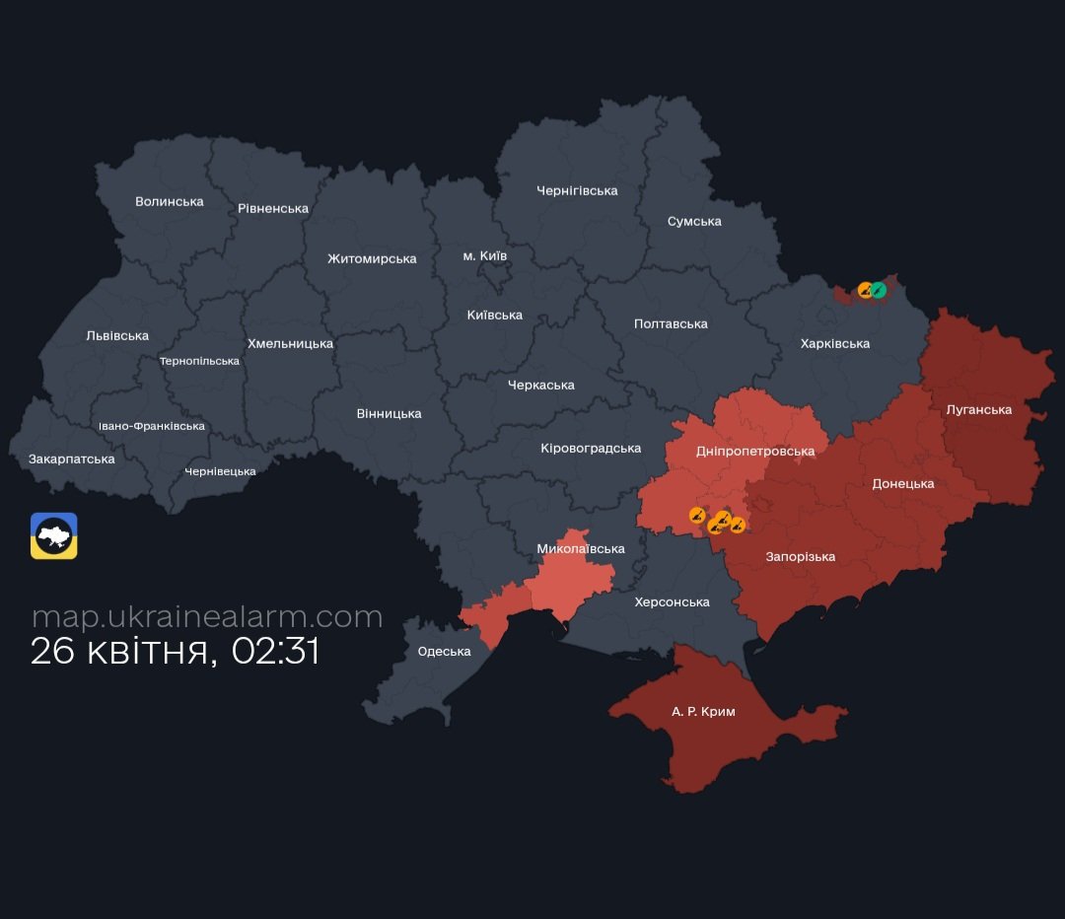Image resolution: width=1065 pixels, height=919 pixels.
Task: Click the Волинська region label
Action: coord(170,202)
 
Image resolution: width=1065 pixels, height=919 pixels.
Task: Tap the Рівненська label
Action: coord(273,209)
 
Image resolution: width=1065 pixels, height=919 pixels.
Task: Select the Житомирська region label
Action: coord(372,259)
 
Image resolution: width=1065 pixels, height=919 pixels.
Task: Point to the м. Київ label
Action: coord(485,256)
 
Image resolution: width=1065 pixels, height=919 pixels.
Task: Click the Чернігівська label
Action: coord(577,190)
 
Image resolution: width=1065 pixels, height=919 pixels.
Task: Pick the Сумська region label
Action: coord(694,222)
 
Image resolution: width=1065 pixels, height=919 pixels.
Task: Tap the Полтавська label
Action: coord(671,324)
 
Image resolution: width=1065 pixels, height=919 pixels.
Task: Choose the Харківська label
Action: coord(835,344)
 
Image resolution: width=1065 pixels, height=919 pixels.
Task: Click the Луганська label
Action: coord(978,410)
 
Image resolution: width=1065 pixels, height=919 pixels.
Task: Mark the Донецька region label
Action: coord(902,484)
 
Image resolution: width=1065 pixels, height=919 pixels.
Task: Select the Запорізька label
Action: coord(801,557)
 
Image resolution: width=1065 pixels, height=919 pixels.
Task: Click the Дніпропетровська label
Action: coord(755,452)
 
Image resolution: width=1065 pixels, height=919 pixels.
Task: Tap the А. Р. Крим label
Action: coord(703,712)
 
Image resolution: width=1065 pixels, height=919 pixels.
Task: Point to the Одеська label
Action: coord(444,652)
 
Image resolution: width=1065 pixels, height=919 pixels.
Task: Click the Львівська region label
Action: coord(117,336)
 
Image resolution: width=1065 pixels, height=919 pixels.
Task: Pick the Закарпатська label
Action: coord(72,459)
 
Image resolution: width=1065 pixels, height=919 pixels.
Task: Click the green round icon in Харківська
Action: coord(878,290)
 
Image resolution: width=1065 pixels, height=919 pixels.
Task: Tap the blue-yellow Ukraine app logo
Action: coord(54,536)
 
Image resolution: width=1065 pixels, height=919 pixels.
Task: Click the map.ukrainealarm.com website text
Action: coord(207,617)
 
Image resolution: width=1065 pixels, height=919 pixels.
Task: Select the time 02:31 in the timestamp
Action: coord(275,653)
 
